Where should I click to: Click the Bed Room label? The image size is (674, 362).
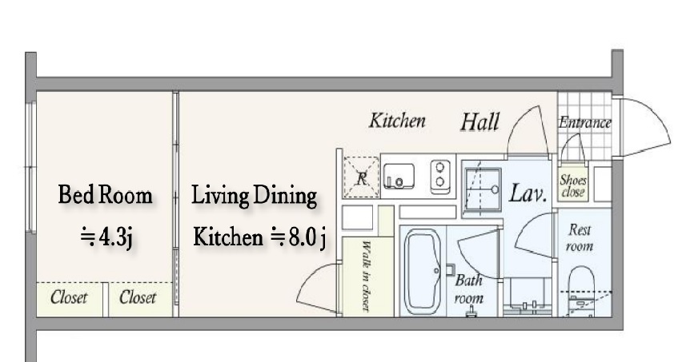[106, 195]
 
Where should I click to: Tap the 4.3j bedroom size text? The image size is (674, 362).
[115, 237]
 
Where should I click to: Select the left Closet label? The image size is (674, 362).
[69, 297]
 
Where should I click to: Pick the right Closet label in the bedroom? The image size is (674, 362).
[138, 297]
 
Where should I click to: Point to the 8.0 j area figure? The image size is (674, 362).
[307, 237]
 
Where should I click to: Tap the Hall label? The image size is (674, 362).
[480, 121]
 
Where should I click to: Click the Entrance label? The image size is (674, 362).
[585, 123]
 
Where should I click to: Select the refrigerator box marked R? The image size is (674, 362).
[361, 177]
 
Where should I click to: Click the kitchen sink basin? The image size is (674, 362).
[399, 176]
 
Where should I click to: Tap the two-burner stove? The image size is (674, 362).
[440, 176]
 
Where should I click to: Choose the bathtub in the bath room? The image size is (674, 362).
[422, 272]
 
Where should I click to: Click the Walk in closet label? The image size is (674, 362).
[366, 276]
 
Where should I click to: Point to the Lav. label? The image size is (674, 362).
[528, 193]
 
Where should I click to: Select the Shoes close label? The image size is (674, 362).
[573, 186]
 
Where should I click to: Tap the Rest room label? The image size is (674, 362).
[580, 238]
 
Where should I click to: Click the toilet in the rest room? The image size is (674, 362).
[580, 291]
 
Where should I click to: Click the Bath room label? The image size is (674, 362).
[469, 289]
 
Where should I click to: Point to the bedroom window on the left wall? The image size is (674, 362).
[30, 167]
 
